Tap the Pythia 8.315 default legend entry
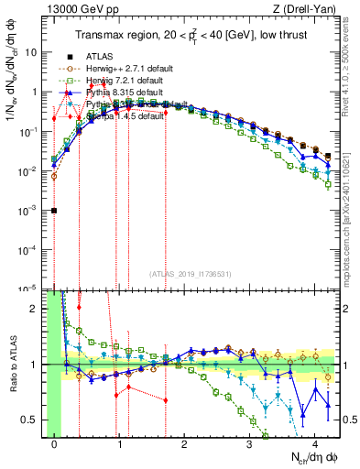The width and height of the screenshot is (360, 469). point(123,93)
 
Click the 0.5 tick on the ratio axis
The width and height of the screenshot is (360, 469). point(33,420)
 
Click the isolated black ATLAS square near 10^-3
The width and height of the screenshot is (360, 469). point(55,211)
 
